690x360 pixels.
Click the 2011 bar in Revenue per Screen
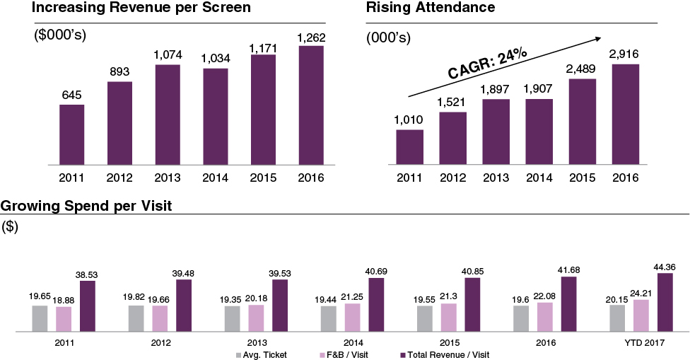(71, 134)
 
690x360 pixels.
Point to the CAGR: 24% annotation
(488, 64)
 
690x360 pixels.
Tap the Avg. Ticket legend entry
(261, 354)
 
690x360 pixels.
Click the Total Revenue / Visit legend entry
(445, 354)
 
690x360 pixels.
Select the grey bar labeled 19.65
(40, 318)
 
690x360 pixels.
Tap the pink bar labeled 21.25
(351, 317)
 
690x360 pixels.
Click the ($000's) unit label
(60, 35)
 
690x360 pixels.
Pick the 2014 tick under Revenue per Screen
(215, 177)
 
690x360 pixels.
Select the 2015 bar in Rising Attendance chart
(583, 122)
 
